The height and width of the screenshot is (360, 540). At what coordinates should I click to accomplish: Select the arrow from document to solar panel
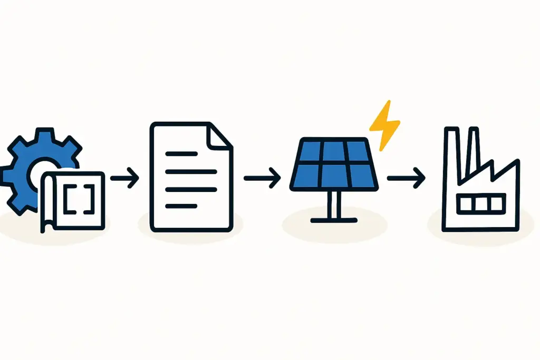[262, 178]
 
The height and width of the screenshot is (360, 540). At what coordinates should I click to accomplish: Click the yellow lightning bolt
[384, 124]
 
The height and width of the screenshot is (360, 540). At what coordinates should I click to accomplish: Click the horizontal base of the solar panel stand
[334, 218]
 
